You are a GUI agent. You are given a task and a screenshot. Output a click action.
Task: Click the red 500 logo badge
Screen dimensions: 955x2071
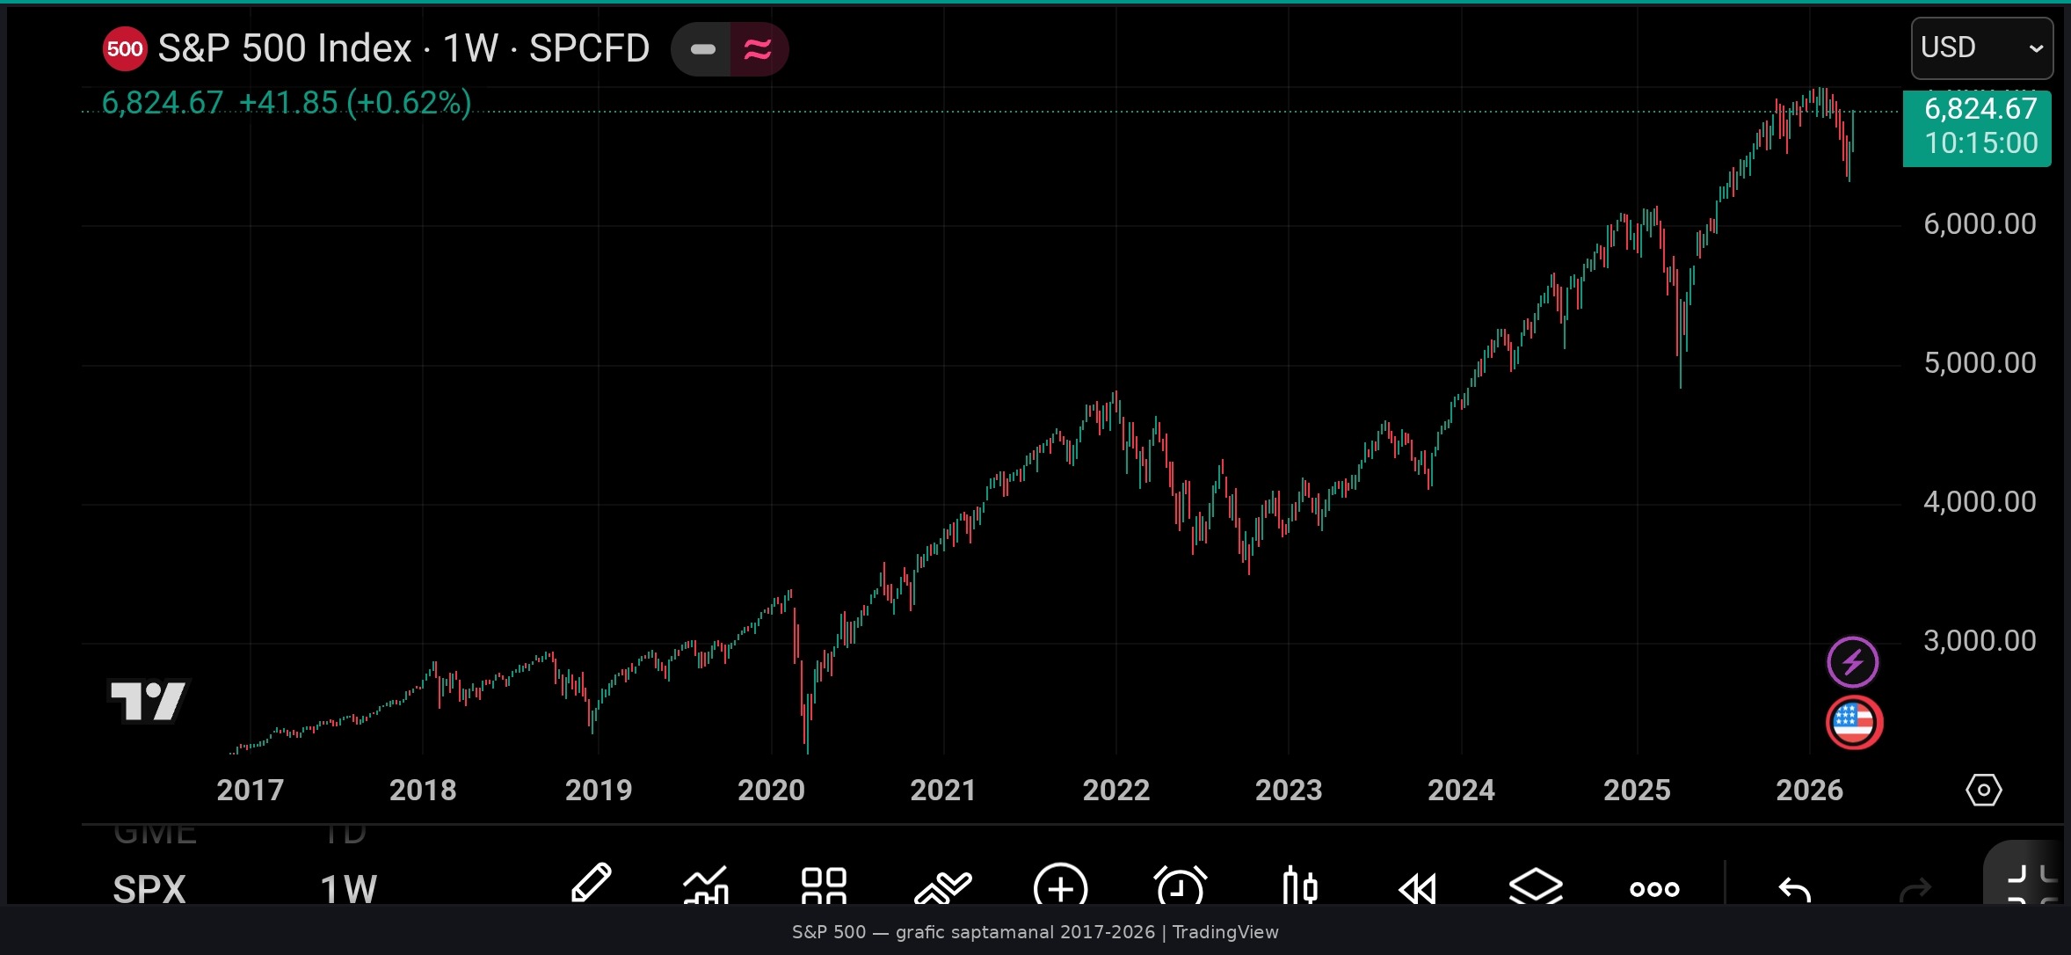click(x=125, y=48)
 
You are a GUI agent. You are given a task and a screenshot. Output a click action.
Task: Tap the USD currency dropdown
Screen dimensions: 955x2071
click(x=1981, y=47)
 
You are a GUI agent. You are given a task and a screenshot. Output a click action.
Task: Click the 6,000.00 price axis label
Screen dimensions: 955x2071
click(x=1979, y=224)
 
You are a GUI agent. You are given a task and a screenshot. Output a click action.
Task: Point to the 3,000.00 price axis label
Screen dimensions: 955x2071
click(x=1979, y=641)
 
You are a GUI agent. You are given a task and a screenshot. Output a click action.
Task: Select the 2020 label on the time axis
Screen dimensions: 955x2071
click(x=771, y=790)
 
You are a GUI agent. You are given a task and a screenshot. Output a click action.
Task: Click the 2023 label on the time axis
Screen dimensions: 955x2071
click(x=1288, y=790)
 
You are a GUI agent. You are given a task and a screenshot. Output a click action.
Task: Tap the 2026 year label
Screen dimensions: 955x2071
click(x=1809, y=790)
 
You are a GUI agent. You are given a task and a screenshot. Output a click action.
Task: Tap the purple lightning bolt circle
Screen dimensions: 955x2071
click(x=1852, y=662)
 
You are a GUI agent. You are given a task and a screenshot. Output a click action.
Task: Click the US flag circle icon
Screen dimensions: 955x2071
click(x=1854, y=723)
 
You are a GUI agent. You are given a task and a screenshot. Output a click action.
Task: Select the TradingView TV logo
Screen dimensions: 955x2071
click(x=148, y=701)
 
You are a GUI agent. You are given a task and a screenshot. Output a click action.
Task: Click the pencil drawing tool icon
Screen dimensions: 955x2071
click(x=591, y=884)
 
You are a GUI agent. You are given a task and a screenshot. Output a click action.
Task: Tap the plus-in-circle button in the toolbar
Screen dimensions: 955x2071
click(x=1060, y=886)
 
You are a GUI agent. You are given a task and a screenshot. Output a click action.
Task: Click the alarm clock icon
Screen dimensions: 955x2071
click(x=1180, y=886)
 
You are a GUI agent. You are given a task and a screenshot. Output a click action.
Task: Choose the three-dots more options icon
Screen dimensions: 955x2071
click(x=1654, y=889)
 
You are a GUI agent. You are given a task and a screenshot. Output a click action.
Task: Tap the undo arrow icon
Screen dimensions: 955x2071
click(x=1794, y=890)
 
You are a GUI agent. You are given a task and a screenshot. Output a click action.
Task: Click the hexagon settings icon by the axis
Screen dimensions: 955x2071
click(x=1983, y=790)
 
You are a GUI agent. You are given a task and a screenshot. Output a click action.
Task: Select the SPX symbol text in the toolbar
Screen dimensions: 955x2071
click(x=149, y=889)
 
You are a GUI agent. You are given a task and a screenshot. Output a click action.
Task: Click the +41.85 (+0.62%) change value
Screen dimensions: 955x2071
click(x=355, y=103)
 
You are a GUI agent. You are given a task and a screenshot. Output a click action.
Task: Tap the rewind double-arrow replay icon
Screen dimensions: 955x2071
click(x=1417, y=888)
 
